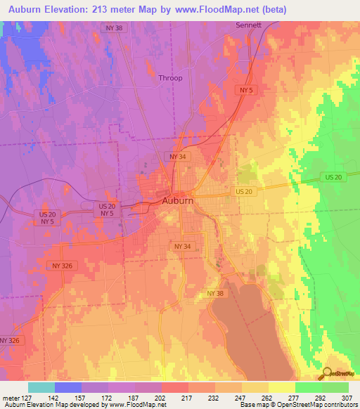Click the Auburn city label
click(x=177, y=200)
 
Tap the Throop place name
click(x=170, y=78)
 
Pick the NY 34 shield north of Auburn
click(x=176, y=156)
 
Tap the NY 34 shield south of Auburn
click(x=182, y=247)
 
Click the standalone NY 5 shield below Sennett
click(x=245, y=91)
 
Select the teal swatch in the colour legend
click(x=41, y=387)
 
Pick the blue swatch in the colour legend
click(x=68, y=387)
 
